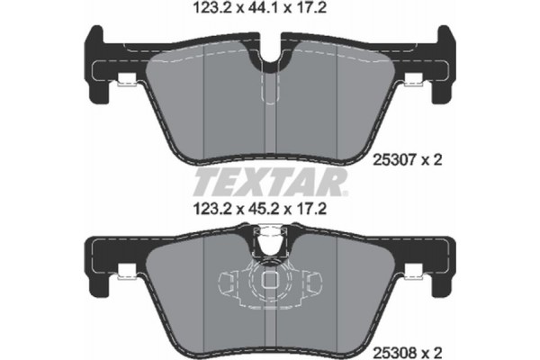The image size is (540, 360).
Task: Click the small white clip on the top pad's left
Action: (x=128, y=83)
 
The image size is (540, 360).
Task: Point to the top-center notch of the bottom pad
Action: (x=269, y=242)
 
